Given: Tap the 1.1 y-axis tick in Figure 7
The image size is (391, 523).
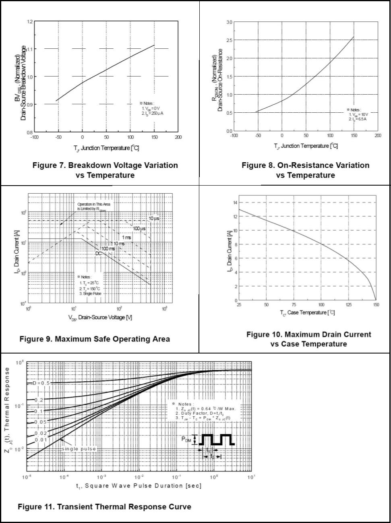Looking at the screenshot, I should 30,49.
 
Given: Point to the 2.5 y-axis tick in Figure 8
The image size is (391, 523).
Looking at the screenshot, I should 229,40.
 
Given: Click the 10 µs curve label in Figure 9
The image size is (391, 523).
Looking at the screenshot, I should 154,219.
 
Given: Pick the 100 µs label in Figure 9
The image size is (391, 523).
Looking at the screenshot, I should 139,229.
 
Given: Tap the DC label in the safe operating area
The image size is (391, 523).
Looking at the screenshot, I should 99,253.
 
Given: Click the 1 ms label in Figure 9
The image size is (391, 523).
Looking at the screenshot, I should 126,238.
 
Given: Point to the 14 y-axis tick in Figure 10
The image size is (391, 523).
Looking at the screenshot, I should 235,202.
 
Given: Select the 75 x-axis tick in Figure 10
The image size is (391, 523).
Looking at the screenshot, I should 294,305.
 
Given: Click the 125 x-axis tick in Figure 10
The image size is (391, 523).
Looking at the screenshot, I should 349,305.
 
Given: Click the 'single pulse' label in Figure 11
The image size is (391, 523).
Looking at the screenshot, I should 79,449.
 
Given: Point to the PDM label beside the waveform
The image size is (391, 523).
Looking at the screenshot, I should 186,439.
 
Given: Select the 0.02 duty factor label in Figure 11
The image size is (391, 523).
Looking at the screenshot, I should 40,433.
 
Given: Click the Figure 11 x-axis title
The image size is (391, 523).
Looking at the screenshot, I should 139,486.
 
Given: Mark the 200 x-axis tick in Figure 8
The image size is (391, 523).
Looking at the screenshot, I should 378,136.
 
